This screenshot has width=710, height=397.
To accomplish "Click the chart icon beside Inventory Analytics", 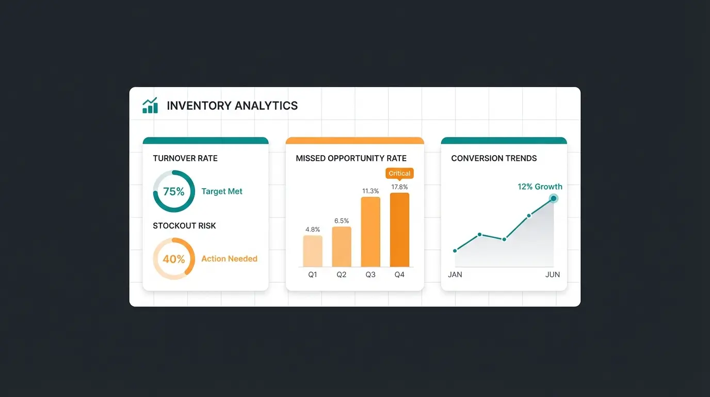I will [150, 105].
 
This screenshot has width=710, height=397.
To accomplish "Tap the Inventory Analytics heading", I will [232, 106].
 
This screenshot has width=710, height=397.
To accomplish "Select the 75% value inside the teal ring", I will [174, 191].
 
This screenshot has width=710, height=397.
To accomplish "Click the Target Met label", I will [222, 191].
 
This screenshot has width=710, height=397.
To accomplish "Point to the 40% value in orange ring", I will [174, 259].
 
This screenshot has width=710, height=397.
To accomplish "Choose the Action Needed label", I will [229, 259].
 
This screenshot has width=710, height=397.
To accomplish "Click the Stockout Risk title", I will [184, 226].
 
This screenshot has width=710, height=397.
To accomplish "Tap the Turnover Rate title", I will [185, 158].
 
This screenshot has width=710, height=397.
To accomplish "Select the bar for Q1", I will [313, 251].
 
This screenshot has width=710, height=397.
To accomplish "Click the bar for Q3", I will [370, 232].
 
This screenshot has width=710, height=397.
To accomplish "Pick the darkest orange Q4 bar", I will [399, 230].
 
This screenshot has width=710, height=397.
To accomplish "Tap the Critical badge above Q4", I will [399, 174].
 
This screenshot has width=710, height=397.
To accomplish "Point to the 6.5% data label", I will [342, 221].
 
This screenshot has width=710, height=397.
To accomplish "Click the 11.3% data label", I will [370, 191].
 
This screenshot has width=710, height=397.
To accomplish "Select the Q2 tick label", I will [342, 274].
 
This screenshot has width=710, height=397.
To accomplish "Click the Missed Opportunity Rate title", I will [351, 158].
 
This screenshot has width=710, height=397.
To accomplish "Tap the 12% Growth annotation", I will [540, 187].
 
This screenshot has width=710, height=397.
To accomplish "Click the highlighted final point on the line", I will [554, 198].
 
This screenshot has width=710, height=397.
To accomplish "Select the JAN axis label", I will [455, 274].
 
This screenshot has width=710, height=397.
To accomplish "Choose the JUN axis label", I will [553, 274].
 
